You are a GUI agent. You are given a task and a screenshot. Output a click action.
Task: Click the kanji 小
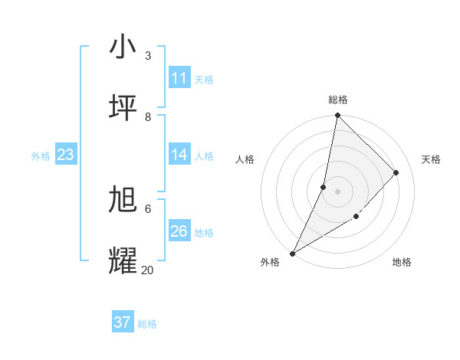(123, 47)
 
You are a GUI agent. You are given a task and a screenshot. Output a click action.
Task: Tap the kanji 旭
(123, 200)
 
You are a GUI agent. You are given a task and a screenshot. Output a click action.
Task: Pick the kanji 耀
(123, 261)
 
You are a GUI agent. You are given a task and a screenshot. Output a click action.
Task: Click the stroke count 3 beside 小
(148, 55)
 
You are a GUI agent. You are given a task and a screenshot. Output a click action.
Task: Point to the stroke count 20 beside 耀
(147, 270)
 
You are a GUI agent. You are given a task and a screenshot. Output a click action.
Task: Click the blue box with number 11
(179, 78)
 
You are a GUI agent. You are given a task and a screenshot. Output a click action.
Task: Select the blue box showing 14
(179, 155)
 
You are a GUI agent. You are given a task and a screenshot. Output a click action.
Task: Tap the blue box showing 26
(179, 231)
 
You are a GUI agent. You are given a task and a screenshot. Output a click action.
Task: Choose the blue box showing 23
(66, 155)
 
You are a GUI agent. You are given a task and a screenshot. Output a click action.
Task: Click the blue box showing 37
(123, 322)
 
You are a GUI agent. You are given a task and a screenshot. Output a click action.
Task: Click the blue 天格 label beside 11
(204, 79)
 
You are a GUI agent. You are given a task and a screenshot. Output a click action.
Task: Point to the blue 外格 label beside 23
(41, 155)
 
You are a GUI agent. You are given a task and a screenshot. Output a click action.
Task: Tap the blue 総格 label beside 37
(147, 323)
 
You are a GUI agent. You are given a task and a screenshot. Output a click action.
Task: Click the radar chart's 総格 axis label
(338, 100)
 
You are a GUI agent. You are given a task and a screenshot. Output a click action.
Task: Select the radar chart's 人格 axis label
(245, 159)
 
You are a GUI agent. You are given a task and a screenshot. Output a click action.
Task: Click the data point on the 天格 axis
(396, 172)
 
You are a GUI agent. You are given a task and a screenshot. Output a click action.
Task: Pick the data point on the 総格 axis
(337, 115)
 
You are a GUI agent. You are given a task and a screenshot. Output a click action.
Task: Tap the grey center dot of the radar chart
(337, 191)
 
